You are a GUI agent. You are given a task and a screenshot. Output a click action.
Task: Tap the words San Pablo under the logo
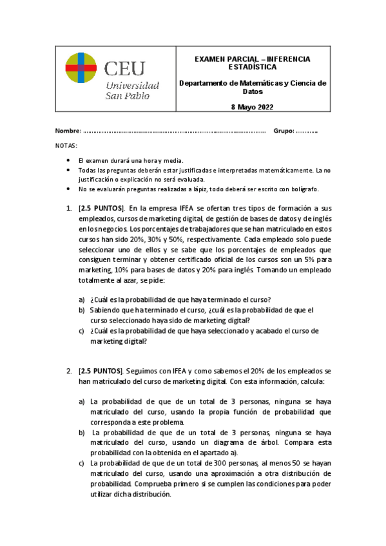click(x=127, y=96)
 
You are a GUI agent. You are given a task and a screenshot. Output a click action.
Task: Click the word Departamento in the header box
click(x=202, y=83)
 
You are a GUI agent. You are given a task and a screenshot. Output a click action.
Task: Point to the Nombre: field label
click(x=68, y=131)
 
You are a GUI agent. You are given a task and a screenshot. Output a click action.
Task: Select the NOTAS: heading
click(x=66, y=146)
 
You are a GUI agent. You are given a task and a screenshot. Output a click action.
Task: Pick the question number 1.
click(x=69, y=209)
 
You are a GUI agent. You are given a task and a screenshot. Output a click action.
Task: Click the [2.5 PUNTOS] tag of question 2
click(x=100, y=372)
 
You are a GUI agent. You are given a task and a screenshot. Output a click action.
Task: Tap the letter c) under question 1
click(x=81, y=331)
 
